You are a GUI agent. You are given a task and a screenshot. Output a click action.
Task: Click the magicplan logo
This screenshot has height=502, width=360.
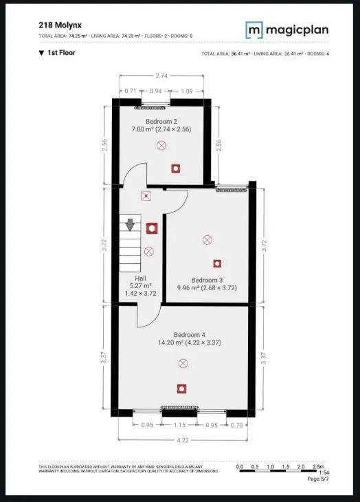point(287,30)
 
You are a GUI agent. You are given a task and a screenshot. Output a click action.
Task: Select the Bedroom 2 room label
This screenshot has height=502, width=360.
point(161,121)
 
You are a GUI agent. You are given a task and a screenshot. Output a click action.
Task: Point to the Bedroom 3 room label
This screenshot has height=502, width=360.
point(207,280)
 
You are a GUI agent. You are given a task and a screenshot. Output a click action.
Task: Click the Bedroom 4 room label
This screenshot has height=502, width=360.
point(183,334)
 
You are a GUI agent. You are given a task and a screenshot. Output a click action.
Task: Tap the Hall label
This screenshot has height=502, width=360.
point(141,277)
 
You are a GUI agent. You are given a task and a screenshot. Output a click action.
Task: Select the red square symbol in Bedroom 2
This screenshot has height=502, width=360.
point(176,167)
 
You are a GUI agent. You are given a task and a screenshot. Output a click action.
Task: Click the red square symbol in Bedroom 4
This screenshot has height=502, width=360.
point(181,389)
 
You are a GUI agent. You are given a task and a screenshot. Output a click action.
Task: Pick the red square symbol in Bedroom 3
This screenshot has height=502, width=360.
point(217,263)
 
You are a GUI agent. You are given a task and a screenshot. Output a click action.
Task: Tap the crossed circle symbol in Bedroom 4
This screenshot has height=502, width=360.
point(183,363)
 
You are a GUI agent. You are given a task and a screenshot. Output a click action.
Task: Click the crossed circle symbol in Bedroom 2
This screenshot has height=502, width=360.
point(161,145)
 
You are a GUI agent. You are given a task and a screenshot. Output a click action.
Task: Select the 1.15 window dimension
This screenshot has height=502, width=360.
point(181,426)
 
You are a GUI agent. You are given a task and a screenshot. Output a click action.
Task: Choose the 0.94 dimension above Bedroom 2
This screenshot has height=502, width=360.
point(156,90)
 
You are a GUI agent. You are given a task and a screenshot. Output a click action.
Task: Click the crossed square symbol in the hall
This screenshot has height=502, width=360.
point(146,196)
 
